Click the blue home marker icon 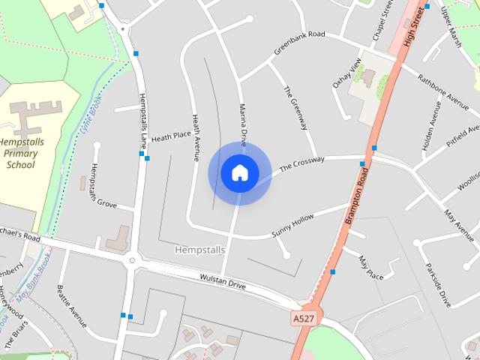click(239, 172)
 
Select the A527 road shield click(302, 319)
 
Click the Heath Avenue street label click(196, 137)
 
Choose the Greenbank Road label click(299, 43)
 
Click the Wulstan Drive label click(223, 282)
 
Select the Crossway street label click(301, 164)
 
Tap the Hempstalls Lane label click(143, 118)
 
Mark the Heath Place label click(171, 136)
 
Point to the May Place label click(370, 268)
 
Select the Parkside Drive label click(439, 284)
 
